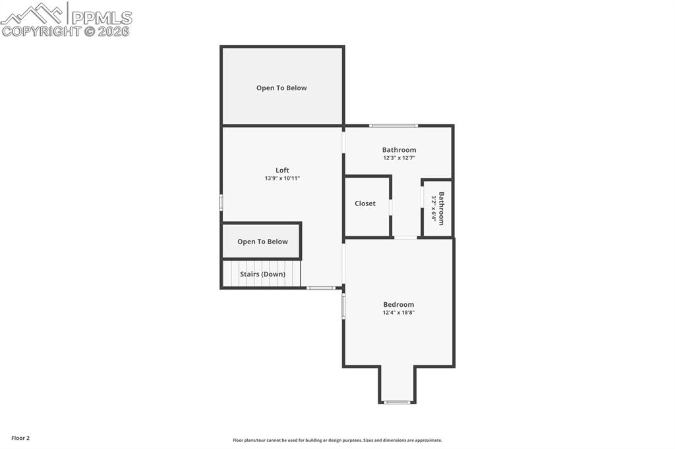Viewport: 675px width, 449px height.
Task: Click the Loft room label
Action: [282, 171]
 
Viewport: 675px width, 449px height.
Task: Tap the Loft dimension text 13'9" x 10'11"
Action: [282, 178]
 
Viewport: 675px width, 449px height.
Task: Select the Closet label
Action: [365, 203]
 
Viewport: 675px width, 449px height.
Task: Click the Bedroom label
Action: [399, 305]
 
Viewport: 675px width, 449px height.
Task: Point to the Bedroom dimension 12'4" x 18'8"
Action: [399, 313]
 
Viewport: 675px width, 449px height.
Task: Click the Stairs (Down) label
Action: [262, 275]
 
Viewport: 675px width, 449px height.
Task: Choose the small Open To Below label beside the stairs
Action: [262, 242]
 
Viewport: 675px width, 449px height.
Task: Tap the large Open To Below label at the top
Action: [281, 88]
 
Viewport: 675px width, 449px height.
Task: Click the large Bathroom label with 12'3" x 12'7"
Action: [399, 150]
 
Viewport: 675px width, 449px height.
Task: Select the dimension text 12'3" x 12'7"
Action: [399, 158]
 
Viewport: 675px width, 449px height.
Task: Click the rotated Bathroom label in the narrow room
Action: [441, 208]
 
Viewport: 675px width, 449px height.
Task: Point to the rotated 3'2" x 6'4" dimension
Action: [434, 208]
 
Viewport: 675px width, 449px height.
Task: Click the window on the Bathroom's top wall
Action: [394, 126]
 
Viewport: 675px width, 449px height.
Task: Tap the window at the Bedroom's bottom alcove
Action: [397, 402]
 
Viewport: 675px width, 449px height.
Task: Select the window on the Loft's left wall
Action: [221, 202]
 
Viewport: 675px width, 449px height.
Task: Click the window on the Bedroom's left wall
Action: [343, 305]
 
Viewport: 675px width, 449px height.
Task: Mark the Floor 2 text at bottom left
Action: [20, 438]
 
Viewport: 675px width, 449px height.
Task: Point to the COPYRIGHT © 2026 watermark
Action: [65, 32]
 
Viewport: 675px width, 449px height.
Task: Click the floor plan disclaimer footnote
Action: [337, 440]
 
